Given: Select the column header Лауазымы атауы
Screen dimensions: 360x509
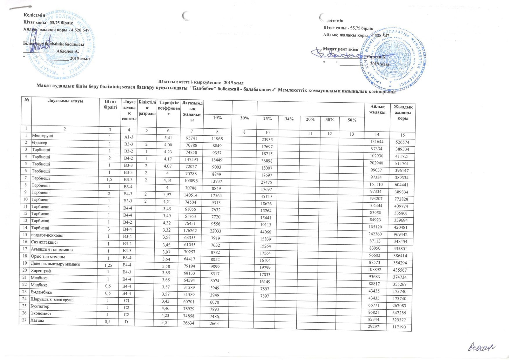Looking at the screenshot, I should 66,101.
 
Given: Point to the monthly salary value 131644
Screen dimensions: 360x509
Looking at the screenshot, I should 377,142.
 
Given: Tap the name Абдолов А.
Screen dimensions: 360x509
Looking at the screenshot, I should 68,51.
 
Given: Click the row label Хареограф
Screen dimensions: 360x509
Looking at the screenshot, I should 41,271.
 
